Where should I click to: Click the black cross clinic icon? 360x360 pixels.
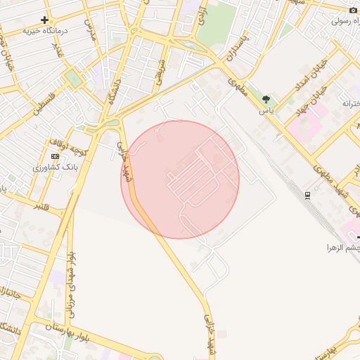point(45,20)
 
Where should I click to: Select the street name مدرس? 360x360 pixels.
point(89,29)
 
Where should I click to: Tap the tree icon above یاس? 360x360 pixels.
point(266,99)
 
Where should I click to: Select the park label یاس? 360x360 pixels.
point(266,111)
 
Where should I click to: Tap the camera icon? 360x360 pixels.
point(353,10)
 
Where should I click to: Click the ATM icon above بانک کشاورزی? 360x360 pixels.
point(56,156)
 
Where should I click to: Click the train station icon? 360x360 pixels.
point(307,195)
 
